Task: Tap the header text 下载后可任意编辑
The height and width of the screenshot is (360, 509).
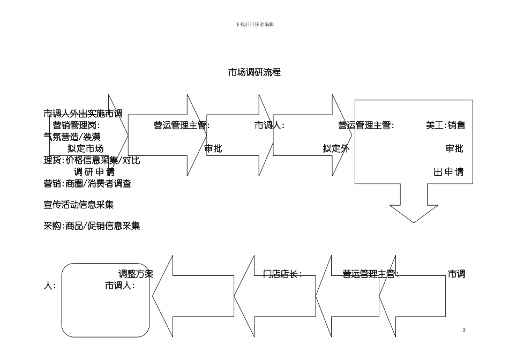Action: click(x=254, y=25)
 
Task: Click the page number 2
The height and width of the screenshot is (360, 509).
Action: click(x=464, y=329)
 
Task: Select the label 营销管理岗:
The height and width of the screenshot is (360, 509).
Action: click(x=77, y=125)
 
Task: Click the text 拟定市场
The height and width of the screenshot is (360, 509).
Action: click(x=85, y=149)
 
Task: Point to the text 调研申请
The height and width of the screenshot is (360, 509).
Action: click(x=94, y=172)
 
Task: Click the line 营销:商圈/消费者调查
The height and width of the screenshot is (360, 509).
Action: click(x=87, y=184)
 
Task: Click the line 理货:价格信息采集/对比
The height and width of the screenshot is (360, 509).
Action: click(x=92, y=160)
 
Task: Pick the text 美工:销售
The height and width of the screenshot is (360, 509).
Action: click(x=445, y=125)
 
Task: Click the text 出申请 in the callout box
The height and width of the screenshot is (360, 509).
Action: click(x=448, y=172)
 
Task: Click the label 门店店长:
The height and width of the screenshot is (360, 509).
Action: click(x=283, y=274)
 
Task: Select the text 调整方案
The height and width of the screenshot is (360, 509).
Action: click(x=136, y=274)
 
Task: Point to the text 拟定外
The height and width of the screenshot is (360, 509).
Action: click(x=336, y=149)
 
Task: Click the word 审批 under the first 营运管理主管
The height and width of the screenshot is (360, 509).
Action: click(x=213, y=149)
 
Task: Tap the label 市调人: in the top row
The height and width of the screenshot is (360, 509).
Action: click(x=269, y=125)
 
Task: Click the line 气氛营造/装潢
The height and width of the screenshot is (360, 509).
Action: click(x=72, y=137)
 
